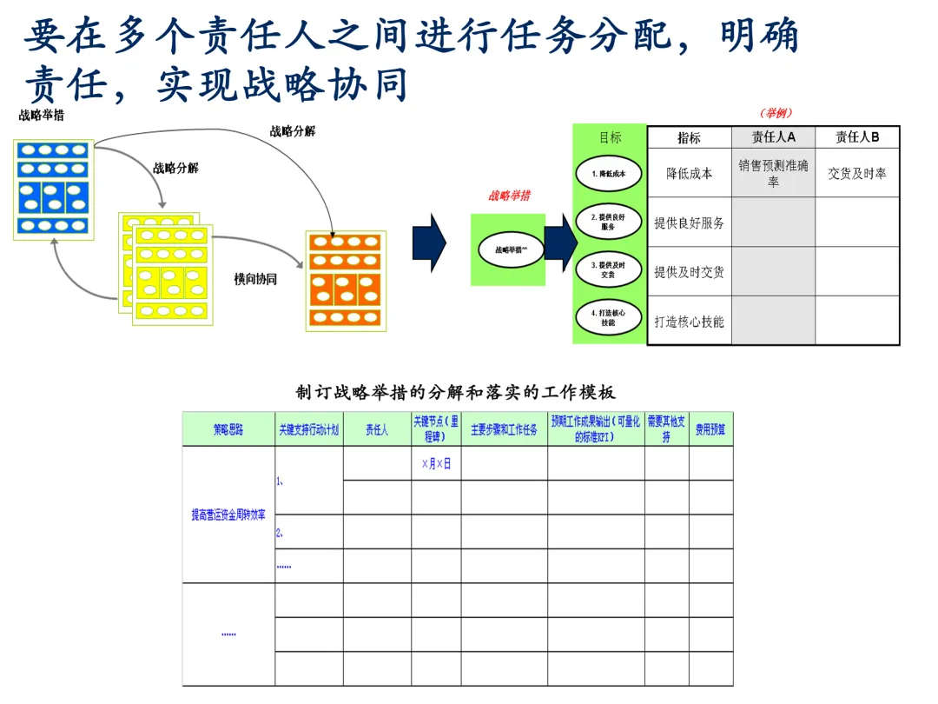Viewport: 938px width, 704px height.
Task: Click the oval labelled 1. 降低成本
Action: coord(608,173)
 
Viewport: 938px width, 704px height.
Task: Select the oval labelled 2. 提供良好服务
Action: coord(608,222)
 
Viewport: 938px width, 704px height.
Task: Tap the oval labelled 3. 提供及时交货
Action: coord(608,269)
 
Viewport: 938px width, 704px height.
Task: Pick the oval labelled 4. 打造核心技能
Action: coord(608,317)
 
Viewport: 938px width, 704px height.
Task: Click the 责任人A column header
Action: coord(773,137)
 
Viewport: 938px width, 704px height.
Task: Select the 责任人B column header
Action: coord(857,137)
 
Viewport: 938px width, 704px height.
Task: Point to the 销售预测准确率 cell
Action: coord(773,173)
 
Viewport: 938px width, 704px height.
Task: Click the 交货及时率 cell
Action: coord(857,173)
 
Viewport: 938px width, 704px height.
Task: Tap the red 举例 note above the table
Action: coord(776,113)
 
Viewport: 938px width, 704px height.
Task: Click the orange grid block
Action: coord(346,280)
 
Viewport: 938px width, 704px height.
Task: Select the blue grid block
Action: coord(54,189)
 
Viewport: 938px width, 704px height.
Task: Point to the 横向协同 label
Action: coord(255,279)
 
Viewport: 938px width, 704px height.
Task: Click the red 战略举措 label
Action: coord(509,196)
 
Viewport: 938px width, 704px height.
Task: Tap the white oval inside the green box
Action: coord(508,249)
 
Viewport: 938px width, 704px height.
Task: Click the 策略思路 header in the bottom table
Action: coord(228,429)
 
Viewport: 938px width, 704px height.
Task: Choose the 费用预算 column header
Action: coord(710,429)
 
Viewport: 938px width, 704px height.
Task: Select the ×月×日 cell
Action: coord(436,464)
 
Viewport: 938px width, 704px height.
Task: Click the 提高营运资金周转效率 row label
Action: coord(228,515)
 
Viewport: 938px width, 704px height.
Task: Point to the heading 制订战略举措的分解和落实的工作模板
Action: coord(456,392)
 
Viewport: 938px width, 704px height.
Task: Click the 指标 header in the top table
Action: coord(690,137)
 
